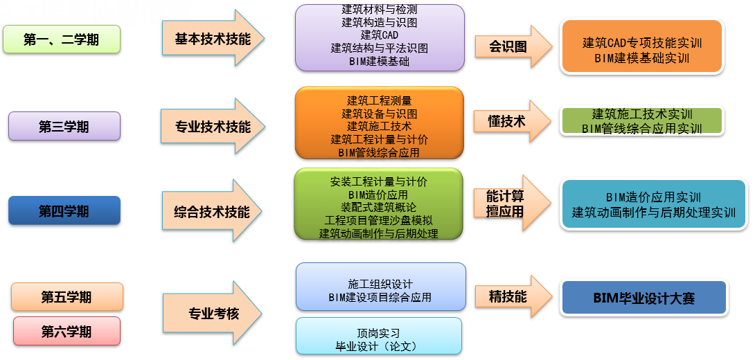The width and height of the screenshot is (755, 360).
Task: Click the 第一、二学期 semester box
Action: click(x=62, y=39)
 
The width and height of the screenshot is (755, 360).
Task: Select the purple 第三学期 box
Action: click(x=64, y=127)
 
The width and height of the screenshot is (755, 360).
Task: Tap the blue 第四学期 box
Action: click(x=64, y=210)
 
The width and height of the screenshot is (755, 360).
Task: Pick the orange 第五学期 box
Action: click(x=66, y=297)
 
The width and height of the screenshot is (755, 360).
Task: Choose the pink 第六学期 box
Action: click(x=66, y=332)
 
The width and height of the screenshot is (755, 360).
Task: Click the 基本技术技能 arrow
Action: click(x=212, y=39)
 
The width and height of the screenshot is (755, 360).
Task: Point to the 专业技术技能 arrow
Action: click(x=212, y=127)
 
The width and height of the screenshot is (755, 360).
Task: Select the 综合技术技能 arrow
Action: click(x=212, y=211)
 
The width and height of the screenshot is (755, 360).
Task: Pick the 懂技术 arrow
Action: click(x=510, y=121)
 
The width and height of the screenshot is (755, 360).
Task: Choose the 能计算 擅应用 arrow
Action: click(x=510, y=204)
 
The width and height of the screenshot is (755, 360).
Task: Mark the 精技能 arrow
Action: click(x=510, y=297)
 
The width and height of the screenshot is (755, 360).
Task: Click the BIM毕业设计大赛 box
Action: click(x=643, y=298)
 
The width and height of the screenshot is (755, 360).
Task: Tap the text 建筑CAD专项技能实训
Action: click(x=642, y=43)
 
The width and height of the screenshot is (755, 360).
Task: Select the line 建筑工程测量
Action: click(x=379, y=101)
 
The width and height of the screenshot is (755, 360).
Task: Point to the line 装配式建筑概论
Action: click(x=379, y=207)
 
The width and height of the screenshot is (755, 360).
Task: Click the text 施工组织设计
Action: click(x=380, y=285)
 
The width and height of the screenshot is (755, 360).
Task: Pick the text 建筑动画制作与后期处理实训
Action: click(x=653, y=213)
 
